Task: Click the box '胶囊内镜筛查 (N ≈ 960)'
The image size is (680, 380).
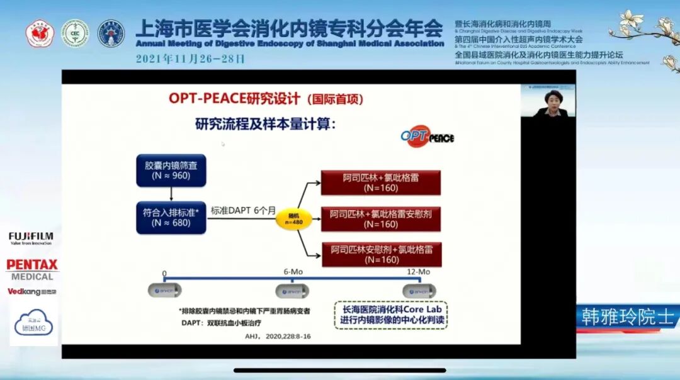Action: coord(171,169)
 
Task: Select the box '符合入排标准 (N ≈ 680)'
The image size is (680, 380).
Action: coord(171,217)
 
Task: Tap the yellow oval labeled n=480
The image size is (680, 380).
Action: coord(293,218)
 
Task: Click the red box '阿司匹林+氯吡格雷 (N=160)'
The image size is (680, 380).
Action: coord(380,182)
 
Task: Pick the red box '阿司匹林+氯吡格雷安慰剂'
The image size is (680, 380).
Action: coord(380,218)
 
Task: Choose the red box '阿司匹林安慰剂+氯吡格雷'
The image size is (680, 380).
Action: coord(380,254)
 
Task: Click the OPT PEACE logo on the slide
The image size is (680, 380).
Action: coord(428,137)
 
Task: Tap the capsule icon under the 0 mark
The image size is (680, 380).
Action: coord(164,290)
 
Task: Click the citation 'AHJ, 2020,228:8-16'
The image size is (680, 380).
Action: coord(278,337)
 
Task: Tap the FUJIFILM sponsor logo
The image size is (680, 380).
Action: coord(30,238)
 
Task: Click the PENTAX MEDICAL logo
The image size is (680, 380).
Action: coord(31,269)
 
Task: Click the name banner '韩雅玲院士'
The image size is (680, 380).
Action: coord(628,317)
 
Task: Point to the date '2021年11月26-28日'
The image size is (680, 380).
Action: coord(190,59)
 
